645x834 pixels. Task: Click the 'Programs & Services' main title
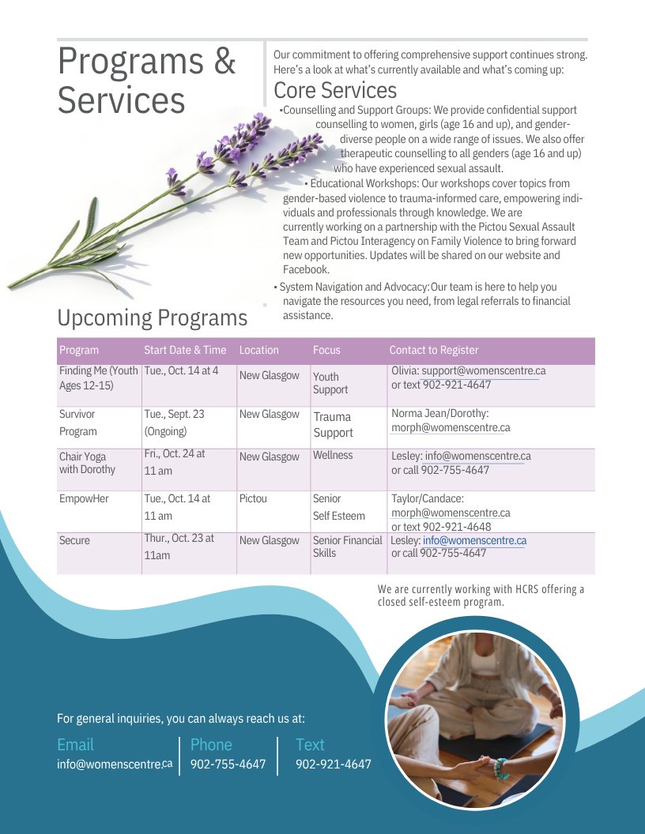[x=147, y=81]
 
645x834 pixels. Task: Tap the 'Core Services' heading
[x=335, y=90]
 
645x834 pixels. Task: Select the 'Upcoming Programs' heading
[x=152, y=317]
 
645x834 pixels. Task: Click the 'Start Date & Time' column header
[x=185, y=350]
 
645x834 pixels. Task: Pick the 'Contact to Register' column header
[x=434, y=350]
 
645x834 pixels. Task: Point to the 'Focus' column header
[x=326, y=350]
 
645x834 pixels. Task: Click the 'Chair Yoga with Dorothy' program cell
[x=87, y=463]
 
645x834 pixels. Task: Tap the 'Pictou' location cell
[x=253, y=499]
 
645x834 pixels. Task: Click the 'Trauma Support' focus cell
[x=333, y=424]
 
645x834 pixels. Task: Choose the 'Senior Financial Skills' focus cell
[x=347, y=547]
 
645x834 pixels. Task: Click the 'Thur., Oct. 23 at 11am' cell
[x=179, y=547]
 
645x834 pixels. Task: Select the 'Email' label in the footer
[x=75, y=744]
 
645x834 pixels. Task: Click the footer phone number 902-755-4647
[x=228, y=764]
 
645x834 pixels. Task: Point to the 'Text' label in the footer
[x=310, y=744]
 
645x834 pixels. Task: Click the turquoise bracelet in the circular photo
[x=500, y=767]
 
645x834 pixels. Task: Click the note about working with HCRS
[x=481, y=595]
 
